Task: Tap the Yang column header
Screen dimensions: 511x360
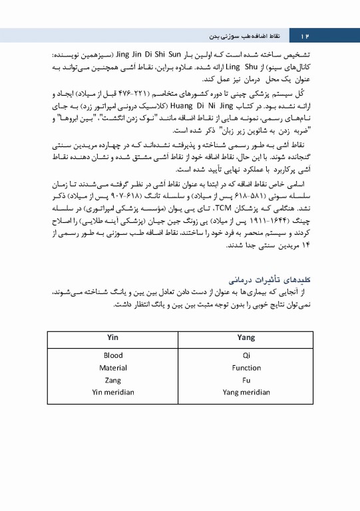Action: click(x=246, y=338)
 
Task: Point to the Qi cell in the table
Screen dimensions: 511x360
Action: click(x=246, y=356)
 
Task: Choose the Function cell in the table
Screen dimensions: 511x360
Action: click(x=246, y=368)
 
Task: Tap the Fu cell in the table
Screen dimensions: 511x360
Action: click(x=246, y=380)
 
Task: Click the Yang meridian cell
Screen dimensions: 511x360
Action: click(x=246, y=393)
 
